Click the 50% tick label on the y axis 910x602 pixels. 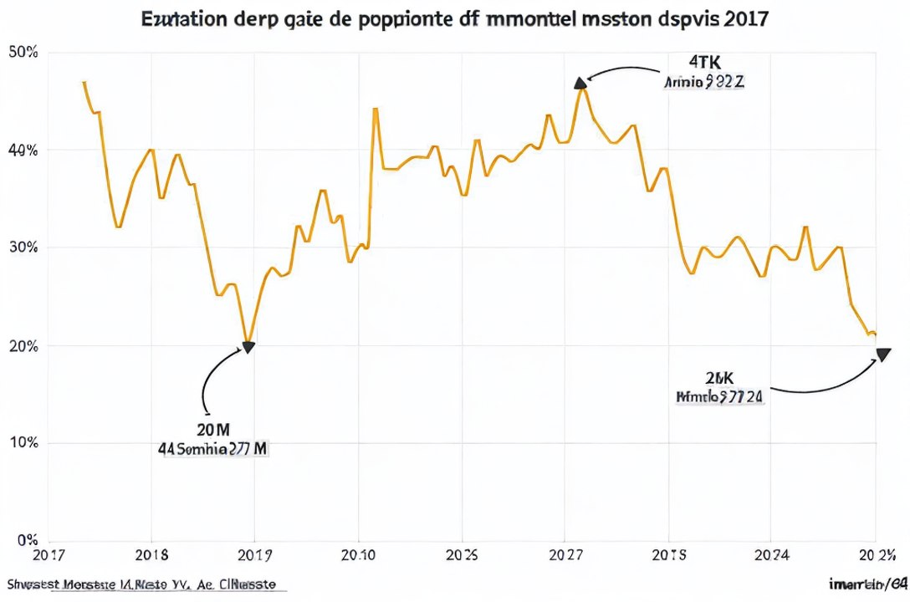coord(23,53)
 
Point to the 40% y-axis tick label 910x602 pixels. coord(23,150)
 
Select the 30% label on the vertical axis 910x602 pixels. coord(23,248)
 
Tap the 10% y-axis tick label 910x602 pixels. coord(23,443)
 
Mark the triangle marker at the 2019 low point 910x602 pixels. coord(248,347)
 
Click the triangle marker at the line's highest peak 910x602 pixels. coord(580,82)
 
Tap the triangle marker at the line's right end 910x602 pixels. coord(882,355)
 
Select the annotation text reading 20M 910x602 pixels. coord(213,430)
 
